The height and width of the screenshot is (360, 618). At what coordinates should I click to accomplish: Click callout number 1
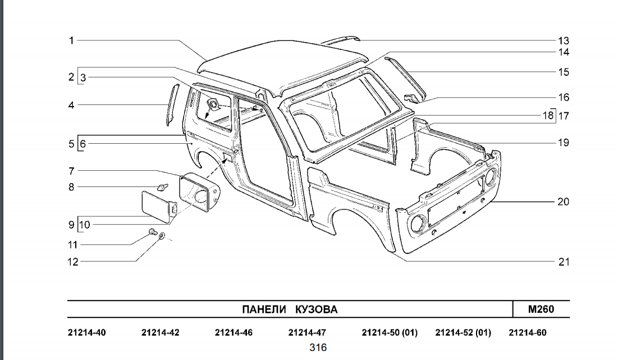tap(72, 40)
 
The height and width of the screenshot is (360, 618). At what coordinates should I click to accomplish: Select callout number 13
tap(563, 40)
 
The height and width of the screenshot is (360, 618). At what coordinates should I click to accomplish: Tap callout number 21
tap(564, 262)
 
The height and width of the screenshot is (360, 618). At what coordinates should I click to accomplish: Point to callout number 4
tap(72, 105)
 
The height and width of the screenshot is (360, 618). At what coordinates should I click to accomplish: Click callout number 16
tap(563, 97)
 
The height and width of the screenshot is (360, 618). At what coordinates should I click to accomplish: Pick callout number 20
tap(563, 202)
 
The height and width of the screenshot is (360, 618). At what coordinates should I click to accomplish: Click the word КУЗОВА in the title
tap(316, 309)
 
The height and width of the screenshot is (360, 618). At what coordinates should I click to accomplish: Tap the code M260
tap(541, 309)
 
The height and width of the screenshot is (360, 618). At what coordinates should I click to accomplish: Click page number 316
tap(318, 348)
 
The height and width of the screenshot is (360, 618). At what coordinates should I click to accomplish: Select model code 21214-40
tap(87, 333)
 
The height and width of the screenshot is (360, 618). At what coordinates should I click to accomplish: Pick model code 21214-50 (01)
tap(390, 333)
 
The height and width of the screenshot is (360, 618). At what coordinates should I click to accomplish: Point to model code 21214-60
tap(527, 333)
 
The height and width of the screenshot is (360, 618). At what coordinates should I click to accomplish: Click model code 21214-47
tap(307, 333)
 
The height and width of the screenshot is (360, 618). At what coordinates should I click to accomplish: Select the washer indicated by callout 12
tap(162, 236)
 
